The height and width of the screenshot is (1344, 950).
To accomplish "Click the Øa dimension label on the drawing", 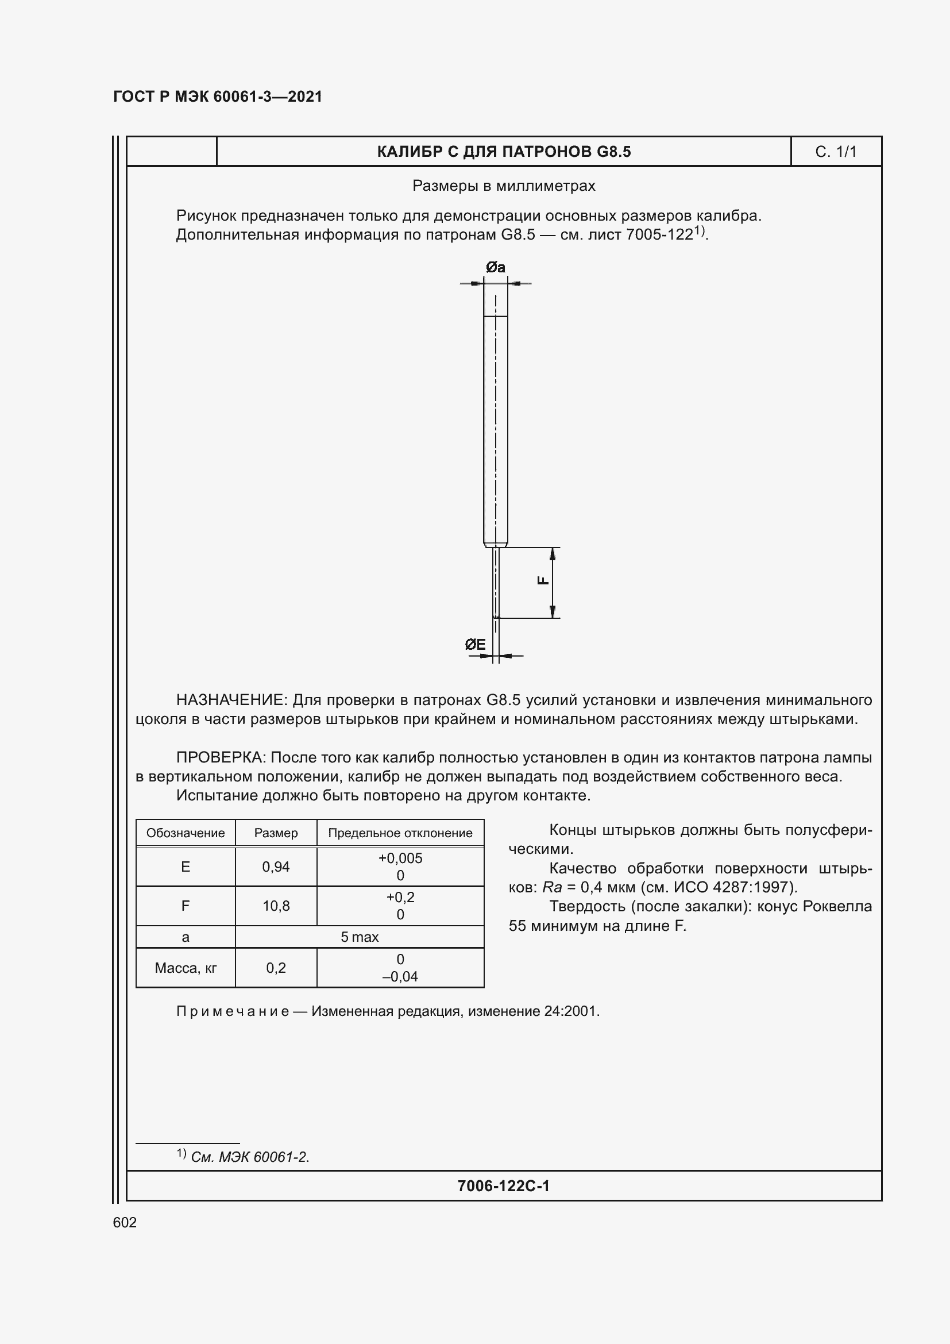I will point(495,268).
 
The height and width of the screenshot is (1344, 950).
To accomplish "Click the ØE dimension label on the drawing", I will point(475,645).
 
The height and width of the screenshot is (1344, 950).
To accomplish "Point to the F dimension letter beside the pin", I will point(543,581).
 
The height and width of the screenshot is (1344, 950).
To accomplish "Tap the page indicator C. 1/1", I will point(835,152).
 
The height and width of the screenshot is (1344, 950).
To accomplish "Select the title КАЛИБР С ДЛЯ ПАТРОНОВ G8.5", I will point(504,152).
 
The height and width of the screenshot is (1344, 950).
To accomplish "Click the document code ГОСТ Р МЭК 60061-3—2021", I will point(218,97).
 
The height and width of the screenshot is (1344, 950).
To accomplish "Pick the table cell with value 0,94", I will point(276,867).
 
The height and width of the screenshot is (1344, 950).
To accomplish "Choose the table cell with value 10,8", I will point(276,906).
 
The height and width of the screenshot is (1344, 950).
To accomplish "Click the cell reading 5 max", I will point(359,937).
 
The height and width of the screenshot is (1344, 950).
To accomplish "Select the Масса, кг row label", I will point(186,968).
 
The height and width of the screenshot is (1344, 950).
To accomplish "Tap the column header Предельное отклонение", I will point(400,833).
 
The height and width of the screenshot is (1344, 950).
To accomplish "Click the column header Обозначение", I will point(186,833).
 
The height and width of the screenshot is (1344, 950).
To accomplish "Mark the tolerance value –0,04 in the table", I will point(400,976).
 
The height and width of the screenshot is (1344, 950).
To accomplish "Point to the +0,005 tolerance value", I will point(400,858).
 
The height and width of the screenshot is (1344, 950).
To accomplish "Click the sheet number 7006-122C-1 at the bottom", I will point(504,1186).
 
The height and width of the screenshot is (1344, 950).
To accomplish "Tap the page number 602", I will point(125,1222).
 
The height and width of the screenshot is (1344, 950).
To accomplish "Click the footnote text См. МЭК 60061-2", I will point(250,1157).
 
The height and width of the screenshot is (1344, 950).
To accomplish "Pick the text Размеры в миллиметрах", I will point(504,186).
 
